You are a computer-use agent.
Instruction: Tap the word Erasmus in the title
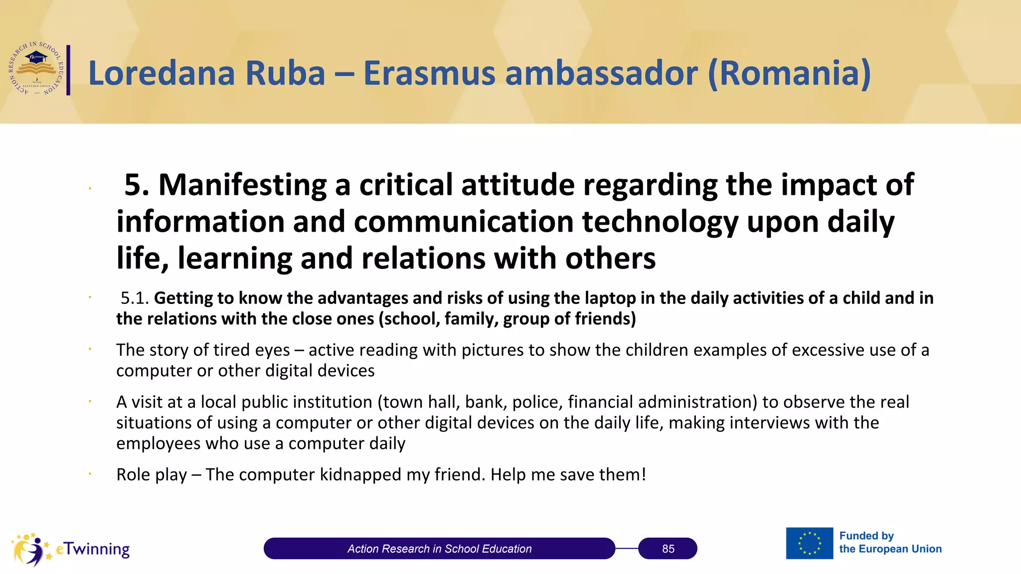429,73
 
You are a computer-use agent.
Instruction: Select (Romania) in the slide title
789,73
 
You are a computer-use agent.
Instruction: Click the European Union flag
809,543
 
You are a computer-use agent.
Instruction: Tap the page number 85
668,549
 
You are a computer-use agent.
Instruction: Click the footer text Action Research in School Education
439,549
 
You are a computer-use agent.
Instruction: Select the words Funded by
866,536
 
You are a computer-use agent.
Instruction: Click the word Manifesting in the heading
242,185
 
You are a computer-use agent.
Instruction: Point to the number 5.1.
135,298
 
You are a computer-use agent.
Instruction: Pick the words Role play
152,474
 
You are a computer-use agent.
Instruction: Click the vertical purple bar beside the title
68,70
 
